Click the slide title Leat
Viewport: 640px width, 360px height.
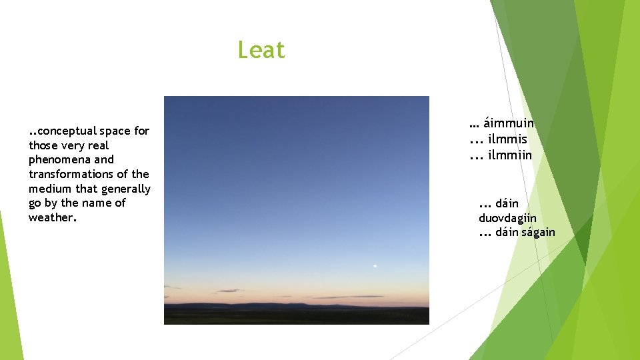click(261, 50)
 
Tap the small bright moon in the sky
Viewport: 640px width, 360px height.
click(375, 266)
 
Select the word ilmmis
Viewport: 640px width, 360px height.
click(507, 139)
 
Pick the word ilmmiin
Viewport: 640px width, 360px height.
click(510, 155)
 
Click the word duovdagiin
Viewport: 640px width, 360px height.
click(507, 218)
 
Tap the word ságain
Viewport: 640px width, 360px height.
click(538, 233)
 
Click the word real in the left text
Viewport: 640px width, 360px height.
click(97, 145)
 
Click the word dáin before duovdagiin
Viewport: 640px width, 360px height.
click(507, 203)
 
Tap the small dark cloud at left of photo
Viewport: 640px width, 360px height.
click(228, 291)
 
